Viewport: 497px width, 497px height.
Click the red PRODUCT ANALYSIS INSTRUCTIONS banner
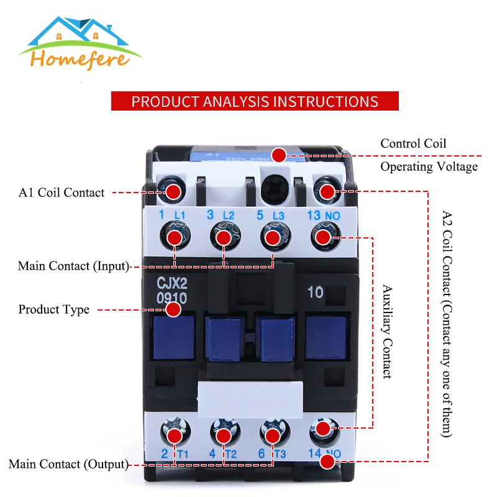click(x=255, y=101)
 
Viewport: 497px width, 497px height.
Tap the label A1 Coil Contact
click(x=62, y=193)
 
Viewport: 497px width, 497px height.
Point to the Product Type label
click(x=53, y=309)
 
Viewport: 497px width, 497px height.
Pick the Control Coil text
click(x=413, y=144)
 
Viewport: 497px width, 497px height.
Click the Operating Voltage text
click(x=429, y=166)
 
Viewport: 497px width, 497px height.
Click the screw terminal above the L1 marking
click(x=173, y=190)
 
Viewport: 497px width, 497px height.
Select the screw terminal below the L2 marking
click(x=224, y=237)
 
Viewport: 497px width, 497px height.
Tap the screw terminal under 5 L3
click(x=272, y=237)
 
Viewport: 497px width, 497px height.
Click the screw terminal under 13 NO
click(x=322, y=237)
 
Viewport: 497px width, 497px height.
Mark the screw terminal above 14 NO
click(x=322, y=429)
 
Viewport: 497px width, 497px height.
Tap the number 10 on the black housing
click(x=315, y=293)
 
